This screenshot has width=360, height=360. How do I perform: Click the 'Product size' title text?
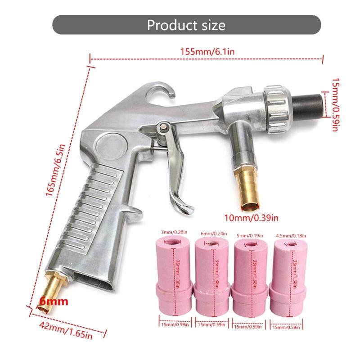pyautogui.click(x=186, y=25)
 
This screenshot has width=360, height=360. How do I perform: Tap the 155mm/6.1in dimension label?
pyautogui.click(x=207, y=52)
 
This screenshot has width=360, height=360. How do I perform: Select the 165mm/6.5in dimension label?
pyautogui.click(x=55, y=170)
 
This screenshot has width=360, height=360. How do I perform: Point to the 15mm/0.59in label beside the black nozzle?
pyautogui.click(x=335, y=104)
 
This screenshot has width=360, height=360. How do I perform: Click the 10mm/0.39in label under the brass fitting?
pyautogui.click(x=251, y=217)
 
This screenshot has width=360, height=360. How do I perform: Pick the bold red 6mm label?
pyautogui.click(x=54, y=301)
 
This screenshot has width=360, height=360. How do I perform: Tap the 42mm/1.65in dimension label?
pyautogui.click(x=66, y=331)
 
